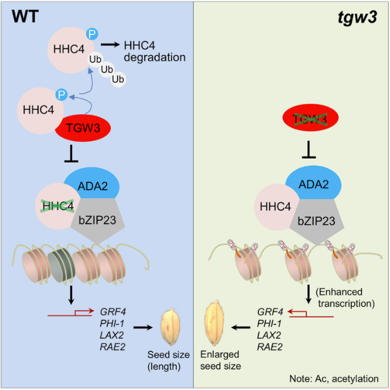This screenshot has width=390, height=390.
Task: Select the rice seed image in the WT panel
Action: coord(171,328)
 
